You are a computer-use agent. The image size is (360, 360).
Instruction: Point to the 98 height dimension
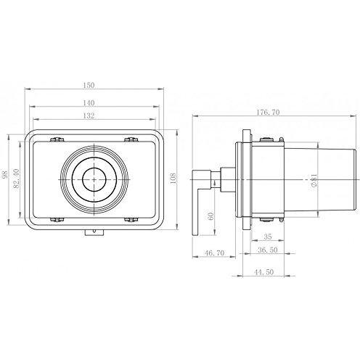7,178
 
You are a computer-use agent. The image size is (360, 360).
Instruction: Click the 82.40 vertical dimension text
20,178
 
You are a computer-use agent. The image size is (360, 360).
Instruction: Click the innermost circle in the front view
94,177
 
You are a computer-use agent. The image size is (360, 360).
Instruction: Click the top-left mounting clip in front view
57,138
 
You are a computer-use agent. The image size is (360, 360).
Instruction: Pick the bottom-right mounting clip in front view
131,218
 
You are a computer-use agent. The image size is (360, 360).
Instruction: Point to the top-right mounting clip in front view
131,138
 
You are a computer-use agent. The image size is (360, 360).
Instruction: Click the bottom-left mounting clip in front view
57,218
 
